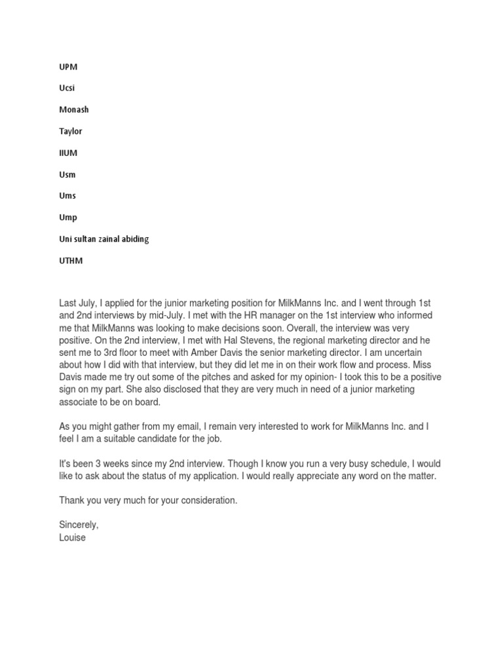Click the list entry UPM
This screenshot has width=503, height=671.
click(x=68, y=67)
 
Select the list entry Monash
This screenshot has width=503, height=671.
click(x=73, y=109)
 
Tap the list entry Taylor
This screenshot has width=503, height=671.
click(x=71, y=131)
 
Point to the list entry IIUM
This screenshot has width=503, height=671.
click(x=69, y=153)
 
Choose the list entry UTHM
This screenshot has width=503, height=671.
click(x=71, y=261)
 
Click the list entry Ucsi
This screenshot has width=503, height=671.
click(x=67, y=88)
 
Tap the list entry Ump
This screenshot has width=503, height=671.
click(x=68, y=218)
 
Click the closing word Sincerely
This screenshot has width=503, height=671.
click(x=79, y=525)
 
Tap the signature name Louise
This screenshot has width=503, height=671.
click(x=72, y=537)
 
